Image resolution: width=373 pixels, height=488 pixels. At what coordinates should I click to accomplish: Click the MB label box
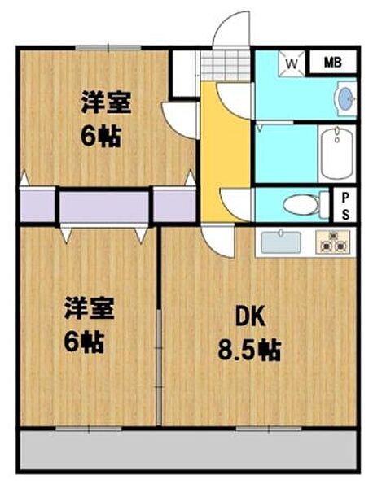tap(334, 62)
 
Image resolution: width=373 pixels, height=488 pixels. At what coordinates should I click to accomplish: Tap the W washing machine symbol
tap(292, 62)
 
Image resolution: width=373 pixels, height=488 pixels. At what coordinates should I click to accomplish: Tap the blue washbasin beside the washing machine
tap(345, 98)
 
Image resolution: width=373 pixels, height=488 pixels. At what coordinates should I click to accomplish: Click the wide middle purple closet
tap(104, 207)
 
